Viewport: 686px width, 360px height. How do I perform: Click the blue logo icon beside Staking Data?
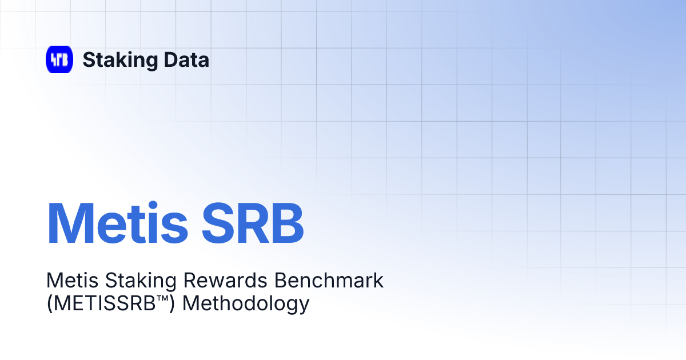59,59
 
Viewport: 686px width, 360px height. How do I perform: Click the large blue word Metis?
117,222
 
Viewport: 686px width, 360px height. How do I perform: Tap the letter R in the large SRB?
254,222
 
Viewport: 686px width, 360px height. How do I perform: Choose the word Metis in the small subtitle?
66,281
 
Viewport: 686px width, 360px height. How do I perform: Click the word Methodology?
246,303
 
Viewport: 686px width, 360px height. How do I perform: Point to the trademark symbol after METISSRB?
162,298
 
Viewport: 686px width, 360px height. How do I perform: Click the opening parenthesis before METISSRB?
49,303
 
